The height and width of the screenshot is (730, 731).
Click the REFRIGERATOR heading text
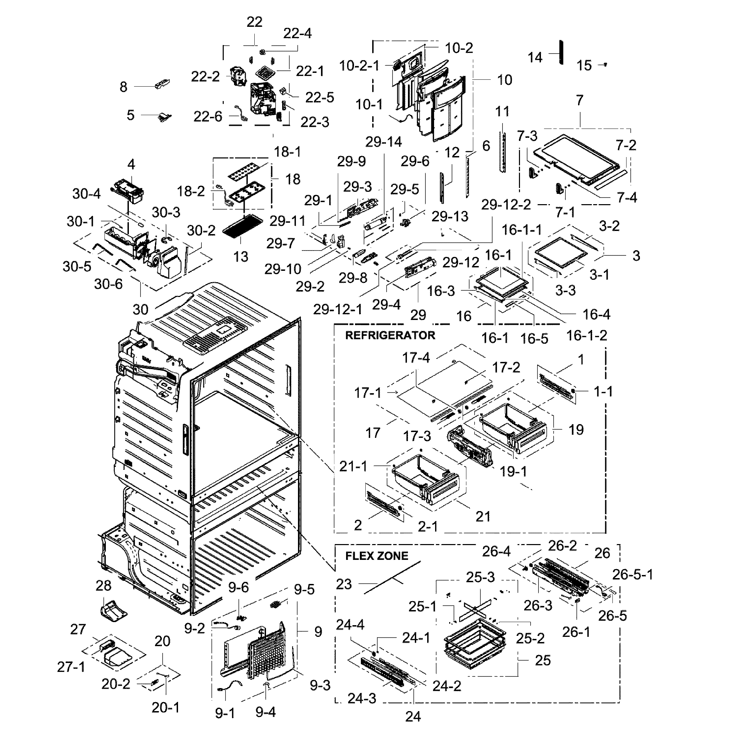tap(390, 335)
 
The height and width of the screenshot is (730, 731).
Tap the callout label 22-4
tap(297, 33)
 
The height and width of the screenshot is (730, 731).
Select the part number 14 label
tap(535, 57)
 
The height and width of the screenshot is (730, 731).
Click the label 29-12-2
tap(506, 205)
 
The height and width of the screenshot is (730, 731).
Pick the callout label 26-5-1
tap(633, 574)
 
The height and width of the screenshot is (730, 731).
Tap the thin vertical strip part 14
tap(561, 53)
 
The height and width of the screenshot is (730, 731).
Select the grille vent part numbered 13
tap(240, 226)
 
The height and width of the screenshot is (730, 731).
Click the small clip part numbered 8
tap(162, 83)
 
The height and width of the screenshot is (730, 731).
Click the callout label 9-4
tap(265, 712)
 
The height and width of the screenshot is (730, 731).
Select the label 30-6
tap(108, 284)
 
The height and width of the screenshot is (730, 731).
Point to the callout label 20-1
tap(165, 707)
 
